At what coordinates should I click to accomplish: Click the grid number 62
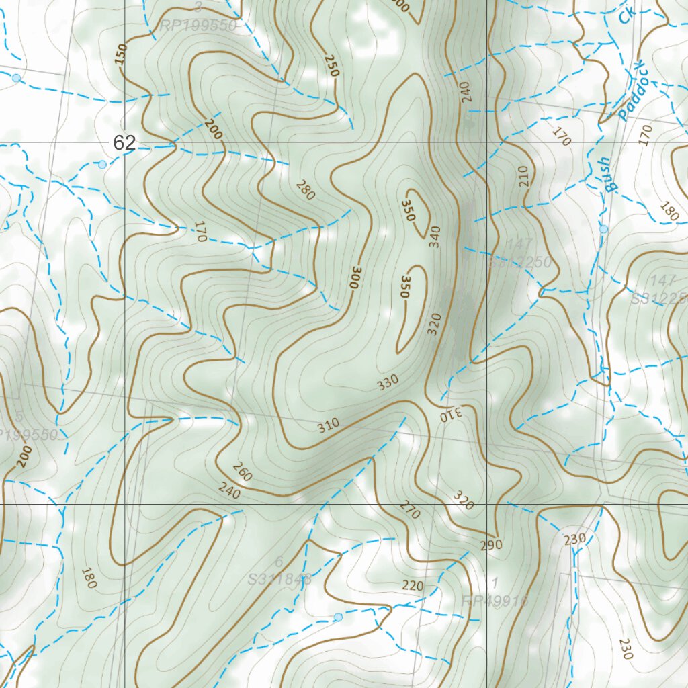(125, 142)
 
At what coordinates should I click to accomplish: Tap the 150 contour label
(121, 56)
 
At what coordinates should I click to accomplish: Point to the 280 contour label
(304, 191)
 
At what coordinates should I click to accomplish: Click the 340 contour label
(435, 236)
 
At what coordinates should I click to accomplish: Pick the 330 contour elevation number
(388, 382)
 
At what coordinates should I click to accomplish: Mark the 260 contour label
(242, 472)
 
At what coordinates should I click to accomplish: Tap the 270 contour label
(410, 510)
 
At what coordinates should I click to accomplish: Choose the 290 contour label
(491, 544)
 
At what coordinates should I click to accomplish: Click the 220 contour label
(413, 586)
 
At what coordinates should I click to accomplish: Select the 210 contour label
(524, 175)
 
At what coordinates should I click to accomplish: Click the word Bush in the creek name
(607, 175)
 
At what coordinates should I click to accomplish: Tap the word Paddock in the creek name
(632, 91)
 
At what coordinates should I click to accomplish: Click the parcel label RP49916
(495, 600)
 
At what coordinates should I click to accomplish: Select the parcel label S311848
(280, 578)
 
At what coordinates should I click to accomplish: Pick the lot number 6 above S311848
(279, 562)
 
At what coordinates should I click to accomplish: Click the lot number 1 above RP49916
(495, 582)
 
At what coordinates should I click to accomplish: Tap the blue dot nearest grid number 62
(102, 165)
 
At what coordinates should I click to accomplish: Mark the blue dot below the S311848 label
(338, 617)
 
